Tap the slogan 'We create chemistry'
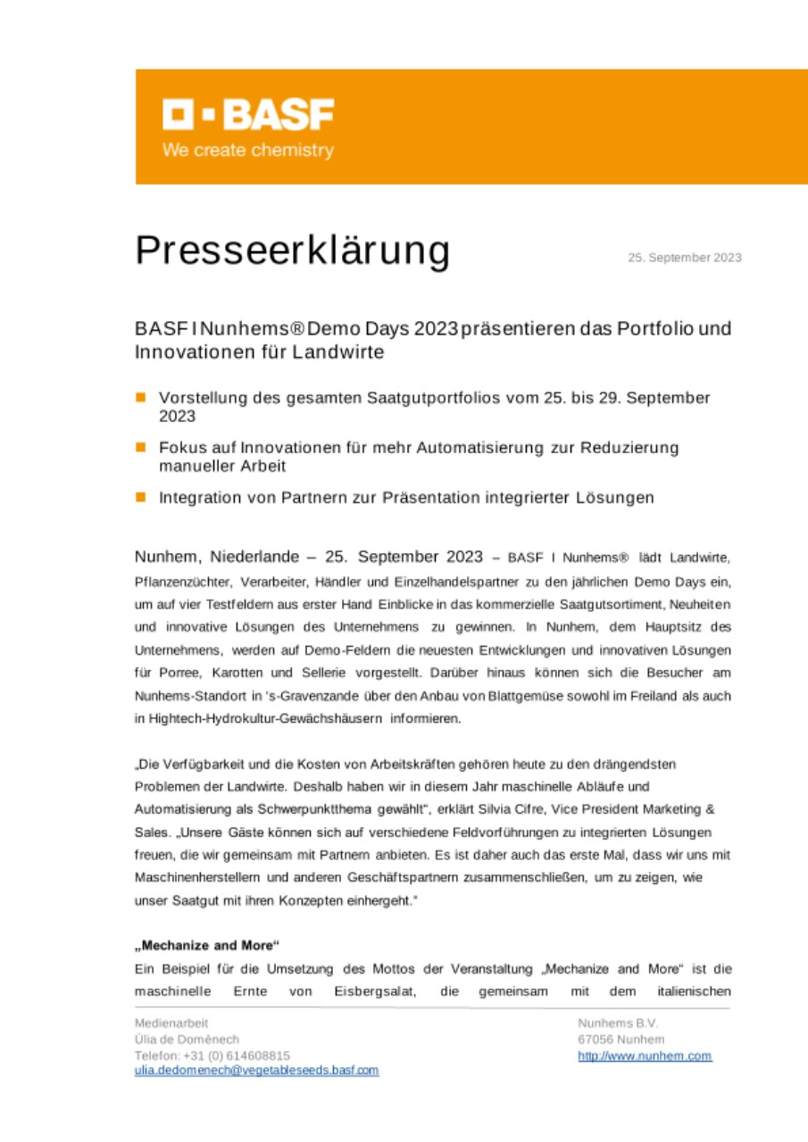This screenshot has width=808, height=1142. coord(247,151)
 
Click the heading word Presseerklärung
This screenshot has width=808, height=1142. coord(292,252)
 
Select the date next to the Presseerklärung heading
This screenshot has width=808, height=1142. coord(684,258)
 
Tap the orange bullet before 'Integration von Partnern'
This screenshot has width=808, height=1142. coord(140,497)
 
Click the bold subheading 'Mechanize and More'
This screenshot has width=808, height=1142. coord(207,944)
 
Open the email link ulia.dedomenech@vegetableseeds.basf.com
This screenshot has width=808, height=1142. coord(256,1070)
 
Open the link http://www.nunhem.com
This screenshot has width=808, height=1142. coord(645,1055)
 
